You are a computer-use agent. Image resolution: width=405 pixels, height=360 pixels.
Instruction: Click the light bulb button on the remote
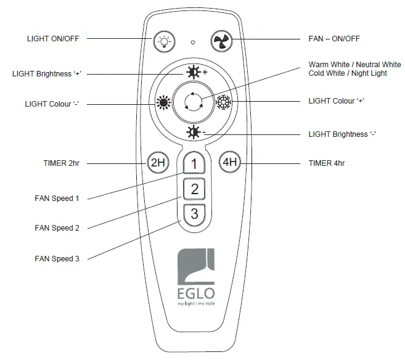[x=163, y=41]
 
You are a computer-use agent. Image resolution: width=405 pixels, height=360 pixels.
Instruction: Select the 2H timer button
[x=157, y=163]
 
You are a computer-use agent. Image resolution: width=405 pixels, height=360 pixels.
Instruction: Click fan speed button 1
[x=194, y=164]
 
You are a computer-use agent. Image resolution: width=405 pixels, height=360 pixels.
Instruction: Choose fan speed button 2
[x=194, y=189]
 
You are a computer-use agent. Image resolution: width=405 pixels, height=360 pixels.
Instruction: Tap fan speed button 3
[x=194, y=214]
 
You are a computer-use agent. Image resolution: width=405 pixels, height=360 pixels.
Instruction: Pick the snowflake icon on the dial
[x=224, y=102]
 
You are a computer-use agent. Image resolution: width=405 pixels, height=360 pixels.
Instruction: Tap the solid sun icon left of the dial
[x=165, y=103]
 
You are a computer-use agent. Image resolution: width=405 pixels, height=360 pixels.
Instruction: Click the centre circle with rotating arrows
[x=194, y=102]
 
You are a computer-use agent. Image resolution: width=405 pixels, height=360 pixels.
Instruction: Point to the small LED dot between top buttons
[x=193, y=43]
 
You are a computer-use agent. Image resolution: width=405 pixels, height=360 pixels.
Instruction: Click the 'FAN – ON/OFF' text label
[x=333, y=39]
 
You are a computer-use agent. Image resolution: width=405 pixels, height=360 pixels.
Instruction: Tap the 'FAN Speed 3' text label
[x=57, y=258]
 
